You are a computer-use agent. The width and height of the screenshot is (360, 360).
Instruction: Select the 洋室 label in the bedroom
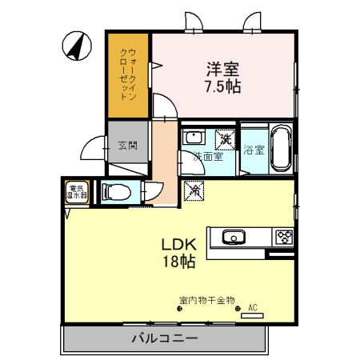[222, 70]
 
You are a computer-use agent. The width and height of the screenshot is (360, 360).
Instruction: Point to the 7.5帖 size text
[222, 86]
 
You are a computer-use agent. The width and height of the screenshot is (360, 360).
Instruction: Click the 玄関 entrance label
[127, 146]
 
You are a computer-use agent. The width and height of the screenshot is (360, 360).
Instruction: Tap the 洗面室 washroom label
[207, 157]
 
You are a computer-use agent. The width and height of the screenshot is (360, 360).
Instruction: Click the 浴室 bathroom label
[254, 150]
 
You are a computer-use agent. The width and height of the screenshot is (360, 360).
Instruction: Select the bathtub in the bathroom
[281, 147]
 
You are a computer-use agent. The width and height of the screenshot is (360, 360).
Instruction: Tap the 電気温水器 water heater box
[78, 192]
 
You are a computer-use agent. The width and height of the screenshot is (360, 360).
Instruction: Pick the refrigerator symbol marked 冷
[194, 191]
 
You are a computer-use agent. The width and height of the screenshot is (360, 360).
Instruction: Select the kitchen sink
[234, 237]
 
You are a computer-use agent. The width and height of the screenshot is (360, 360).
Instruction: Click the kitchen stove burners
[284, 237]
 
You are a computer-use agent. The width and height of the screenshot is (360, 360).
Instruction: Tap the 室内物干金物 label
[206, 301]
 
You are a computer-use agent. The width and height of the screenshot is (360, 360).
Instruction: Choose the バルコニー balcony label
[164, 339]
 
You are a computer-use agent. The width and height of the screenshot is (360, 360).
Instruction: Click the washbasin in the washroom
[193, 138]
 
